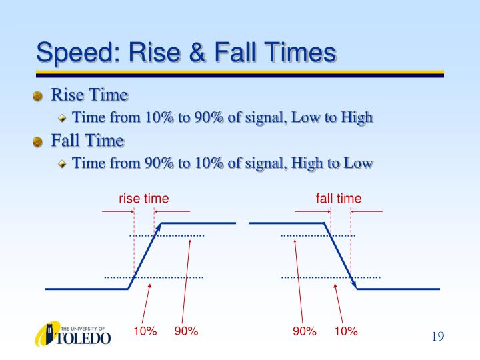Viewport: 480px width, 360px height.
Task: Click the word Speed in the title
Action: coord(78,53)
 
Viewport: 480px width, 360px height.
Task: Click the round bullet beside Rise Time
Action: coord(37,96)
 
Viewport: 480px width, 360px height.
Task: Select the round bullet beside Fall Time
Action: coord(37,142)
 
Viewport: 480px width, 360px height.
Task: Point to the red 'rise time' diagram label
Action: coord(143,199)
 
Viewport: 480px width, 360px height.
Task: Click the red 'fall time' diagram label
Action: coord(339,199)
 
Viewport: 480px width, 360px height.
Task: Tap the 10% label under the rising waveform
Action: coord(145,331)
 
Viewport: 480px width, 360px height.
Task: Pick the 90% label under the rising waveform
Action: coord(186,331)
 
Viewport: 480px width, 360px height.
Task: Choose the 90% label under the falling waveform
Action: coord(304,331)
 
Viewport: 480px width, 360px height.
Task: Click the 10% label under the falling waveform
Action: coord(346,331)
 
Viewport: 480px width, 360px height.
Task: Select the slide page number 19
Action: coord(438,337)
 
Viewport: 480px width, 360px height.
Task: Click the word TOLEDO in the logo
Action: coord(83,338)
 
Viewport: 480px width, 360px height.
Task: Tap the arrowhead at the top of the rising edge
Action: coord(158,227)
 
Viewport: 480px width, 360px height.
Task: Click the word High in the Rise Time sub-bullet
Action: coord(357,118)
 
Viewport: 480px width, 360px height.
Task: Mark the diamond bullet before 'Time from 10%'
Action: coord(62,118)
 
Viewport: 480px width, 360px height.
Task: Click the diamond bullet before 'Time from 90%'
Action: coord(62,164)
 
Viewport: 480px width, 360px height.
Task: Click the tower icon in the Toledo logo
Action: coord(49,333)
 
